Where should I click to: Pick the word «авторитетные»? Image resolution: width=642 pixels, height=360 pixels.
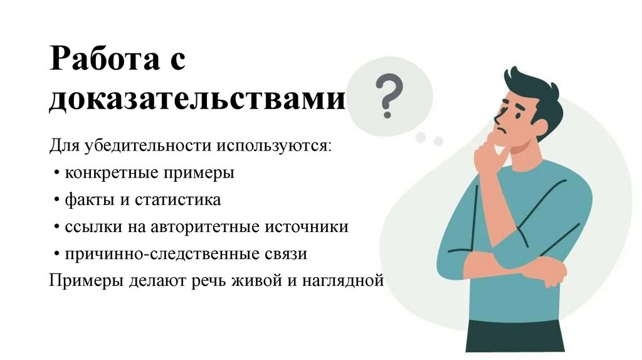[x=216, y=227]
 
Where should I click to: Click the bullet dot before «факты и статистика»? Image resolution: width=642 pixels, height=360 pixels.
[x=57, y=201]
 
